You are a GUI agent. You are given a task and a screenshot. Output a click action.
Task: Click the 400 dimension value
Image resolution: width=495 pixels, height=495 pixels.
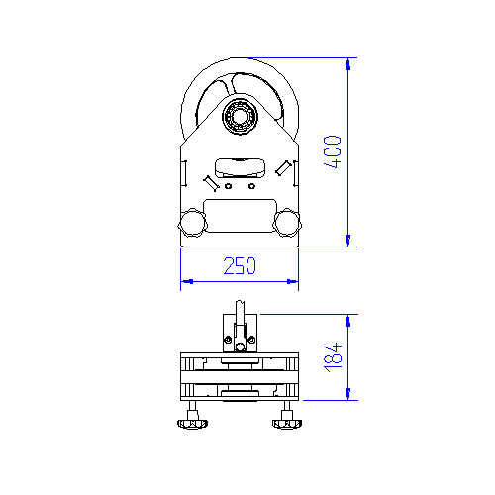click(333, 151)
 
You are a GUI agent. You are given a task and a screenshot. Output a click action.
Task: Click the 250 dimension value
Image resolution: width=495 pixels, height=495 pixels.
click(240, 266)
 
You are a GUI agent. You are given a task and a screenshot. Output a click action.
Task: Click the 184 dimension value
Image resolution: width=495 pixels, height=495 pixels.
click(333, 357)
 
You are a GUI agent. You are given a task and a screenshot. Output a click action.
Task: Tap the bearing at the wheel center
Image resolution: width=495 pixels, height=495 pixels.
click(240, 116)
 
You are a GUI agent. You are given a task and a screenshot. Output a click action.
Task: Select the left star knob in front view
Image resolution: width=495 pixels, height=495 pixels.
click(193, 223)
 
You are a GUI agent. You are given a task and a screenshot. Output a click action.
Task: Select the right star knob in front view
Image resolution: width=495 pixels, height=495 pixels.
click(287, 223)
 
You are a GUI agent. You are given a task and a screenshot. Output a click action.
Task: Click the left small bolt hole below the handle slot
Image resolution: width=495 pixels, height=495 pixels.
click(228, 186)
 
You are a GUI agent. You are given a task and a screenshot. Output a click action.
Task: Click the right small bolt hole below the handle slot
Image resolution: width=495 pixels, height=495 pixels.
click(251, 186)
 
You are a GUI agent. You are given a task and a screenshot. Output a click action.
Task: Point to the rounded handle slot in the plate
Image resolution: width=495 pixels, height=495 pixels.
click(240, 168)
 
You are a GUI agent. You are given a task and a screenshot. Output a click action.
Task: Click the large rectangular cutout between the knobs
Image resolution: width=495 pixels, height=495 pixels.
click(240, 216)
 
